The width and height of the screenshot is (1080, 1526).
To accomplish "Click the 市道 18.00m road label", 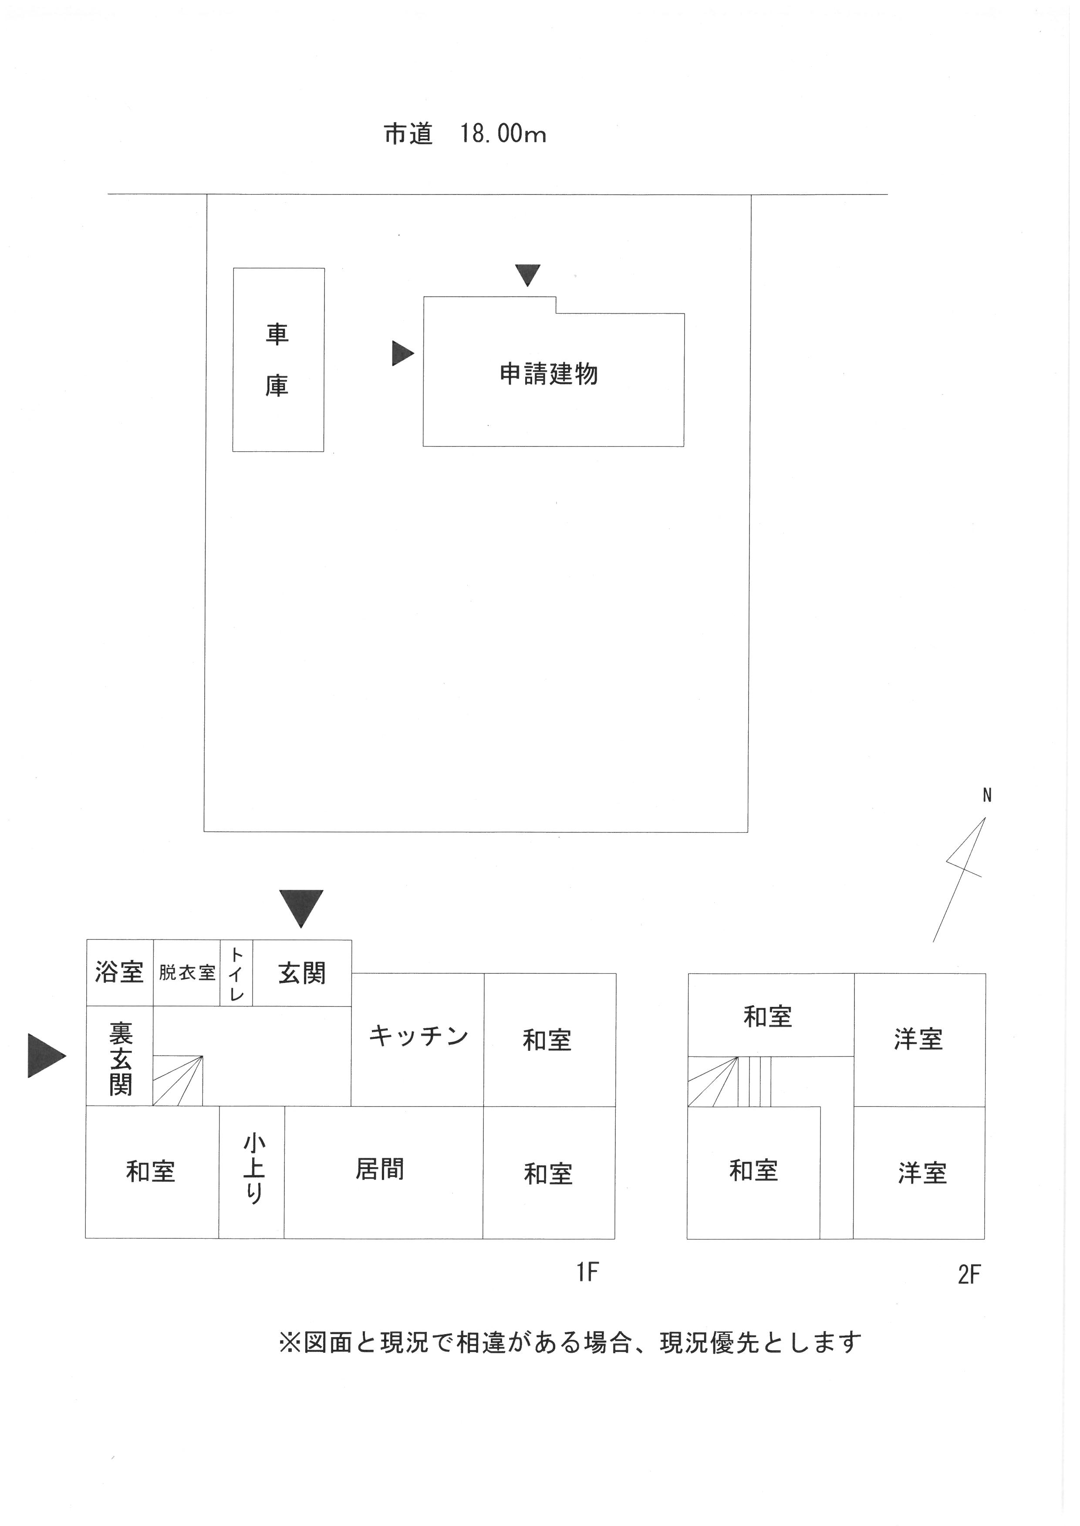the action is click(x=465, y=134).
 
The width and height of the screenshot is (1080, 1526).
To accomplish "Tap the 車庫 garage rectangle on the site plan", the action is click(x=278, y=359).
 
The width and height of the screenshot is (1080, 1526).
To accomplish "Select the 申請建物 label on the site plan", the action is click(x=549, y=374).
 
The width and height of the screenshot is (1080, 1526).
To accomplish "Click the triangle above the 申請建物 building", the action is click(x=527, y=275).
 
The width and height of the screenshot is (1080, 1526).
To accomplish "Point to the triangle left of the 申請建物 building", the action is click(x=402, y=353).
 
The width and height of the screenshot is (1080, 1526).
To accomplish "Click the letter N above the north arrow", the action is click(x=987, y=795).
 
